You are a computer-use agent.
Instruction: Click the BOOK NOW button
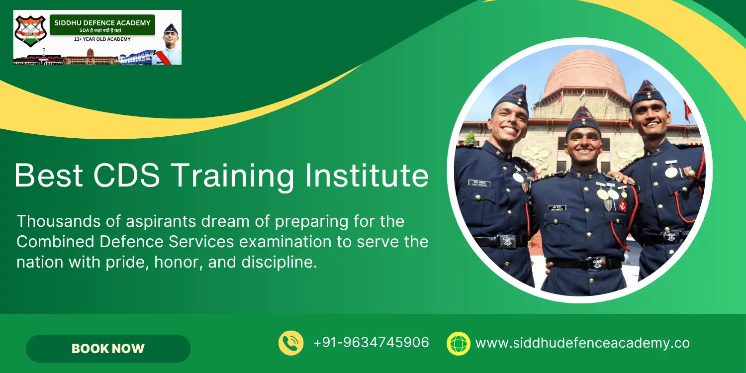click(108, 349)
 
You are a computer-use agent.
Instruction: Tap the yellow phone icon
click(291, 343)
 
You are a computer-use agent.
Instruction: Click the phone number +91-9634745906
click(371, 343)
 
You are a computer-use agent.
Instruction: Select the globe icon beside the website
click(459, 343)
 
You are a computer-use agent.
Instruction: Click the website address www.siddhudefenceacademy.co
click(582, 343)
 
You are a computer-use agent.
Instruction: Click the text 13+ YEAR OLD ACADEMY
click(102, 39)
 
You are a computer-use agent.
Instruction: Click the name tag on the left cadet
click(479, 183)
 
